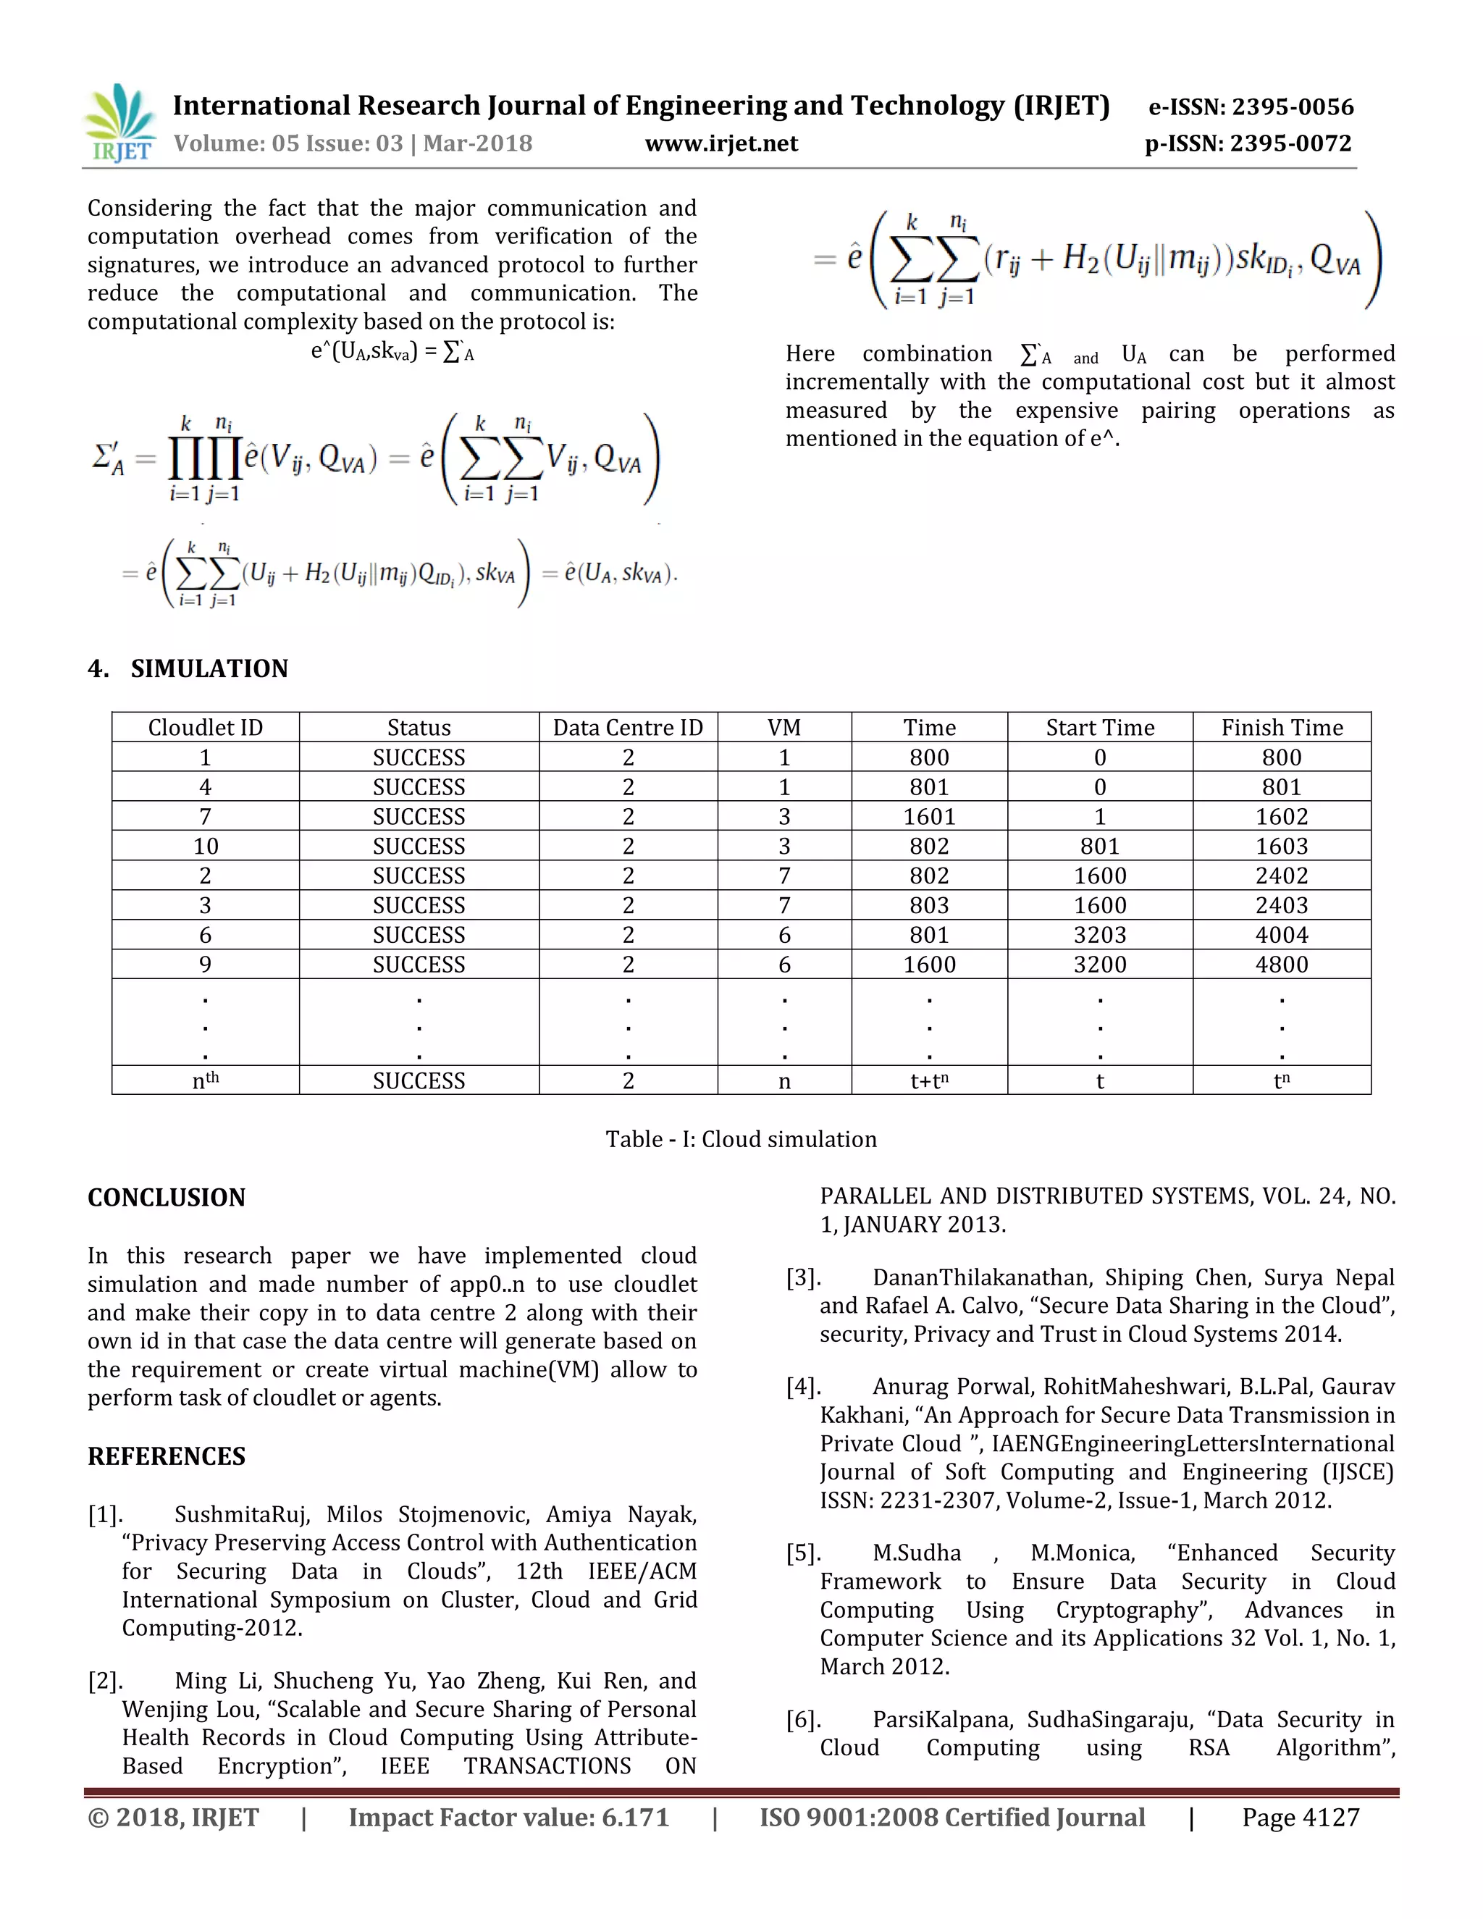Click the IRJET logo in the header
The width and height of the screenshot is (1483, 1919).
click(121, 124)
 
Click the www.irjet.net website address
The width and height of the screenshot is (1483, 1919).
click(721, 144)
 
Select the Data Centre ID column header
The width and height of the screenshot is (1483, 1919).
click(627, 728)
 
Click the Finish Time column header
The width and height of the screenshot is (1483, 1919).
click(1281, 728)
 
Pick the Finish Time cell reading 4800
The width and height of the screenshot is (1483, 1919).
click(1281, 964)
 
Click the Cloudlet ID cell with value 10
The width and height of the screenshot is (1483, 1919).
click(206, 846)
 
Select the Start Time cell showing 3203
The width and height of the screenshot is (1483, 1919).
click(1099, 935)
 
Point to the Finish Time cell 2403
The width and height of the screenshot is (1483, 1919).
click(1281, 905)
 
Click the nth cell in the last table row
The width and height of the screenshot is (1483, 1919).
click(206, 1080)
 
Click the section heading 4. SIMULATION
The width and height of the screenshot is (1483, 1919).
click(188, 668)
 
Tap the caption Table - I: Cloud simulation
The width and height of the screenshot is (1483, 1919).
click(741, 1139)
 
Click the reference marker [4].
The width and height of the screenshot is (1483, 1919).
click(803, 1387)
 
